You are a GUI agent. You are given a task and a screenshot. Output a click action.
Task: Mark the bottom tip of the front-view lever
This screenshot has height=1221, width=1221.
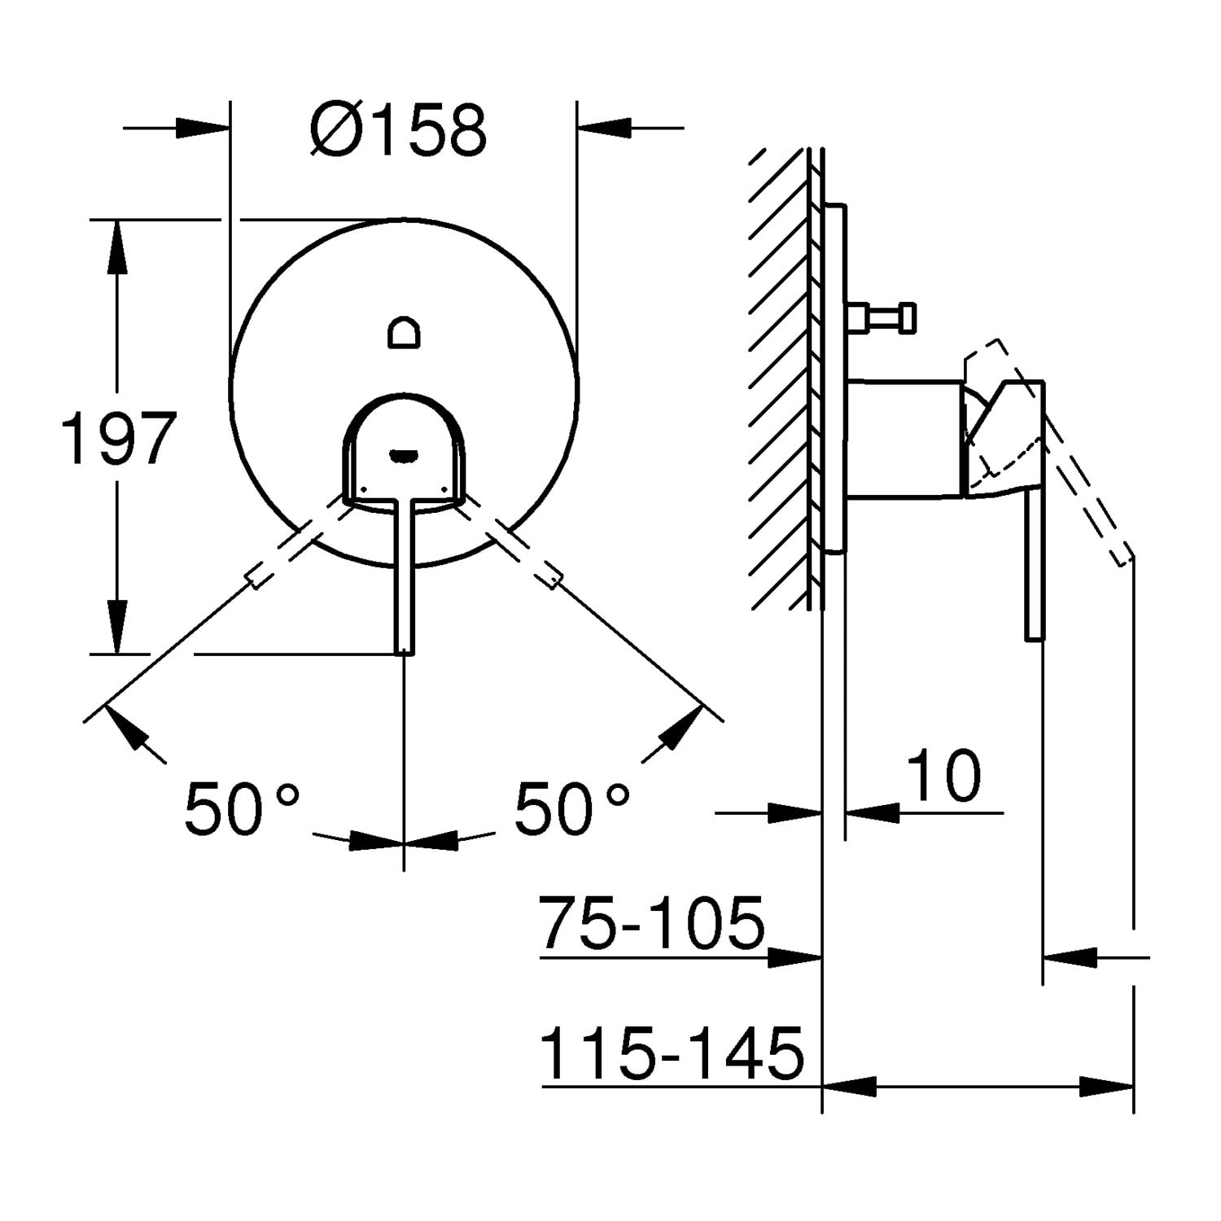(x=405, y=652)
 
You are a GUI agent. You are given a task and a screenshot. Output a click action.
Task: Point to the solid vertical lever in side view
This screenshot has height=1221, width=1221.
(x=1035, y=562)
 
